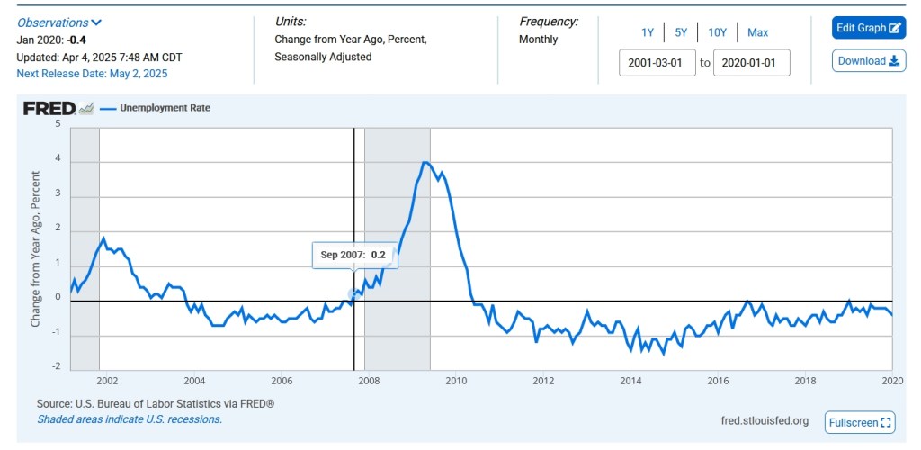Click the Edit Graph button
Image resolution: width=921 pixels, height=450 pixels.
click(x=868, y=28)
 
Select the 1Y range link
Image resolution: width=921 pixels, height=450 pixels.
click(x=648, y=32)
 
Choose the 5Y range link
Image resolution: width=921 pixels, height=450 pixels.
click(x=681, y=32)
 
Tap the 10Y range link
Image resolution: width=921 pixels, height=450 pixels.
click(x=717, y=32)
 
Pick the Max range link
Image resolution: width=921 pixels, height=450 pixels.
click(x=757, y=32)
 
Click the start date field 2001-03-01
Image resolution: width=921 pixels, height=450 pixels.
click(x=657, y=63)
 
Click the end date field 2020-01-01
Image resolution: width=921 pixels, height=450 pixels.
click(x=751, y=63)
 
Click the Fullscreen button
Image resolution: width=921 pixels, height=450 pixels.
click(x=860, y=422)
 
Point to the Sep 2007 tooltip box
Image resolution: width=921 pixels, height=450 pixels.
click(x=353, y=255)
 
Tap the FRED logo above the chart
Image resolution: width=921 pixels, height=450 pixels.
click(x=49, y=109)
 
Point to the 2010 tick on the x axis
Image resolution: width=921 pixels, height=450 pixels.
click(x=456, y=381)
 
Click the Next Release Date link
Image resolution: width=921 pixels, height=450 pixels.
click(x=92, y=74)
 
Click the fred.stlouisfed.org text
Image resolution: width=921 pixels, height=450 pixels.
click(x=765, y=421)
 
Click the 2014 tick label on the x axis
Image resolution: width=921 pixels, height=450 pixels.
click(x=630, y=381)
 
